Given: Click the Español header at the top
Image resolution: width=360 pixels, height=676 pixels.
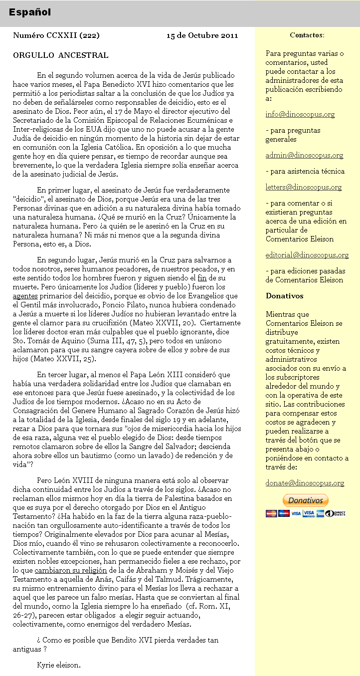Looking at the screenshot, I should [x=29, y=12].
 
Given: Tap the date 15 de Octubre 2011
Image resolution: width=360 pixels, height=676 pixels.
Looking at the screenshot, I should [x=202, y=35].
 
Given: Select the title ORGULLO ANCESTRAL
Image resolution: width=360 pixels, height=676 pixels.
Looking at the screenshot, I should [x=60, y=55].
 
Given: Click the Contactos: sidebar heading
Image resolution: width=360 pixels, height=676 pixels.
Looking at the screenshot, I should [x=307, y=35].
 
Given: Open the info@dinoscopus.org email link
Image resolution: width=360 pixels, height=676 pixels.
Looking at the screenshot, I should [x=300, y=114].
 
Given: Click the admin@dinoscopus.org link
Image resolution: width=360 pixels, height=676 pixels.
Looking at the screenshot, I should [x=304, y=155].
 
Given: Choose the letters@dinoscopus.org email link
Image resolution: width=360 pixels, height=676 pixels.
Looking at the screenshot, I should [x=304, y=187].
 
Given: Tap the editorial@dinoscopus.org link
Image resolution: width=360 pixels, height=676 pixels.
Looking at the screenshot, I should [x=307, y=255].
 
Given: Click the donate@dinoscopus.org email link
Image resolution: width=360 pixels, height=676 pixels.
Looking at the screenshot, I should [x=305, y=483].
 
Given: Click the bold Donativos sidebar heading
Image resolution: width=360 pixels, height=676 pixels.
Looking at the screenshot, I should [x=284, y=296].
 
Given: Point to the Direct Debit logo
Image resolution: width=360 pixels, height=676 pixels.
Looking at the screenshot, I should [x=335, y=513].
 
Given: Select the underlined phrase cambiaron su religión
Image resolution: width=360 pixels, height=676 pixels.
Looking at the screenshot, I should [x=71, y=570].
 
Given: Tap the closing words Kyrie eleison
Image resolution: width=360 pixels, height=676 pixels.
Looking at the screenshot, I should [x=58, y=665].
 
